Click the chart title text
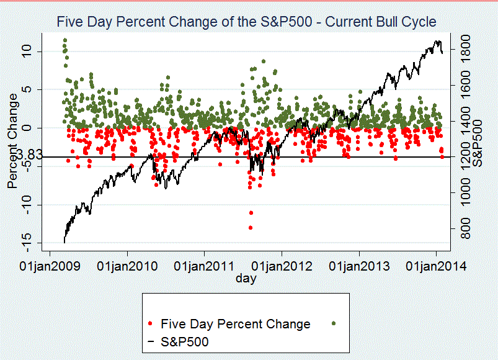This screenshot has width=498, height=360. [246, 22]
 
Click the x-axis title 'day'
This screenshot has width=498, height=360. [246, 279]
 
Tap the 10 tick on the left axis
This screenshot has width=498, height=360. [27, 51]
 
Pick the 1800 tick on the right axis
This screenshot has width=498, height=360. [469, 51]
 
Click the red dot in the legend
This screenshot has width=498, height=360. [152, 324]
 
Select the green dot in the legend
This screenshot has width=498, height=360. [335, 324]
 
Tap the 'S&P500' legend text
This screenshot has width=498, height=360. [185, 341]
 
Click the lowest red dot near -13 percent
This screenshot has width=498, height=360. [251, 228]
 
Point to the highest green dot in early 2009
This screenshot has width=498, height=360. [64, 41]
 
